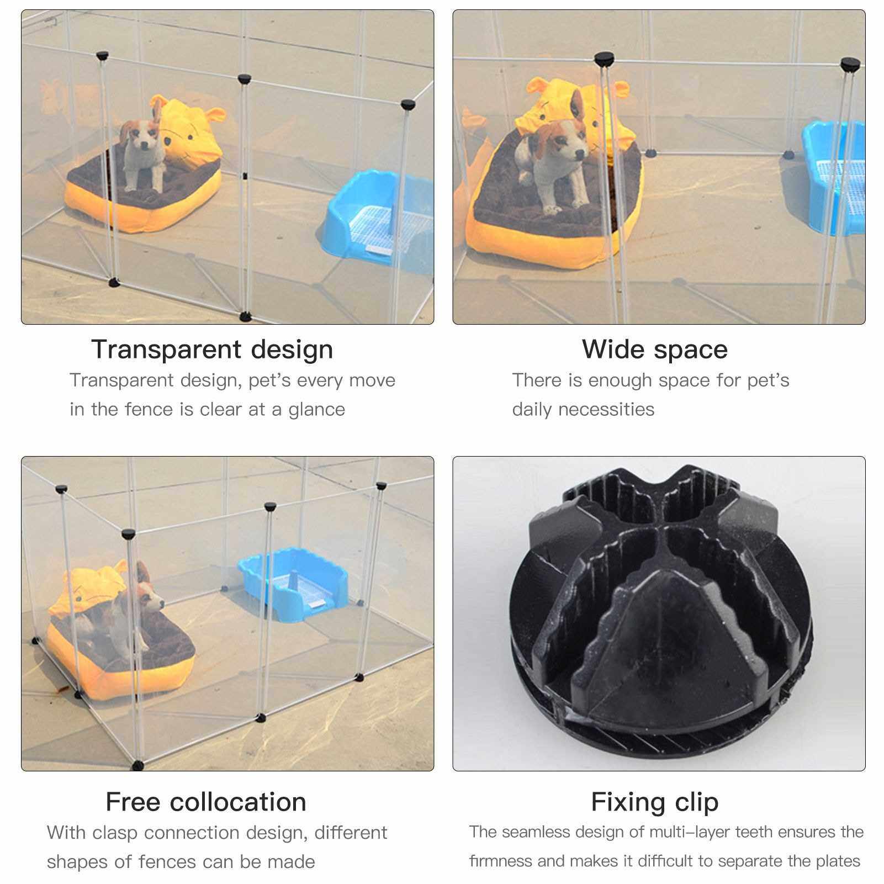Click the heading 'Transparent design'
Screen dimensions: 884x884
point(212,350)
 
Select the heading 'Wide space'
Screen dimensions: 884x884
point(655,350)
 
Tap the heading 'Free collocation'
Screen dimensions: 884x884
point(206,802)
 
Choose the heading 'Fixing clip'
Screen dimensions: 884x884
point(655,802)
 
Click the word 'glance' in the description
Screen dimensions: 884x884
point(316,410)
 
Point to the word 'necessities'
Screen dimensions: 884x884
point(606,410)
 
